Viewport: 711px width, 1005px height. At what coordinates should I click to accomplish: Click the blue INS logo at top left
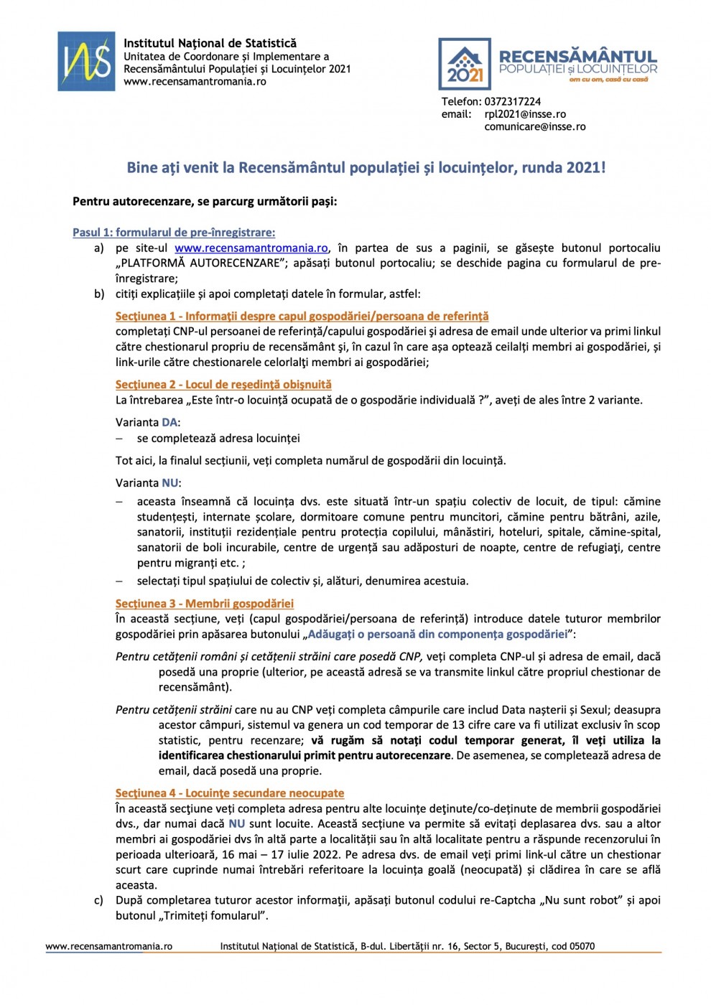click(x=86, y=61)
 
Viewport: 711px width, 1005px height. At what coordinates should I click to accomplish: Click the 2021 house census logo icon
click(x=465, y=64)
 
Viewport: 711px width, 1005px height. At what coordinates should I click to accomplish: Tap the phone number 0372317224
click(x=512, y=102)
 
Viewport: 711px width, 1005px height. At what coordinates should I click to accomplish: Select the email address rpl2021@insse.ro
click(x=525, y=114)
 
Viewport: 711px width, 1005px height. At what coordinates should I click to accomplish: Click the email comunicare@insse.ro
click(x=534, y=126)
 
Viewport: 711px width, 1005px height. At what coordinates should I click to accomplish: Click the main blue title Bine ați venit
click(x=366, y=168)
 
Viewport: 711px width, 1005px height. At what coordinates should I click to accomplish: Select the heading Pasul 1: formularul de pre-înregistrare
click(x=174, y=233)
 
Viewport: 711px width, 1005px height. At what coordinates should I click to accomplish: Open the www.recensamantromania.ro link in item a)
click(x=251, y=248)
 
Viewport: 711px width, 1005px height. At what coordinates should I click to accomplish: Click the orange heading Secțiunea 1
click(x=302, y=316)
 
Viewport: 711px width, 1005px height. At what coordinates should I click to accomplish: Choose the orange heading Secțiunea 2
click(x=223, y=385)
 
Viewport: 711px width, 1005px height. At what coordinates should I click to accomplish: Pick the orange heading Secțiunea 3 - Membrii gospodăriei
click(x=205, y=604)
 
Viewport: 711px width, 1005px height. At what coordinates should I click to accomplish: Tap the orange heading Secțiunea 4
click(x=230, y=793)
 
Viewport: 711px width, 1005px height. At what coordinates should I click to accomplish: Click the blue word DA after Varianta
click(x=169, y=423)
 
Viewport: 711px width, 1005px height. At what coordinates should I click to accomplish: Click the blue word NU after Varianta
click(x=169, y=483)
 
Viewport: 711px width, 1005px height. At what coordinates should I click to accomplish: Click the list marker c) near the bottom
click(x=98, y=900)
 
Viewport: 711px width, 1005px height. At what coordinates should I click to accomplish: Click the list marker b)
click(x=98, y=294)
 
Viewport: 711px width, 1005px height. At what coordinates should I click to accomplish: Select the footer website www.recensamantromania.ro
click(x=109, y=946)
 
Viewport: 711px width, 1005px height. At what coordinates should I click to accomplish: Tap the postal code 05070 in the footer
click(x=582, y=946)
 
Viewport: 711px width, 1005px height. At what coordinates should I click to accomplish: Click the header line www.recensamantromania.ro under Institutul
click(x=195, y=82)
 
